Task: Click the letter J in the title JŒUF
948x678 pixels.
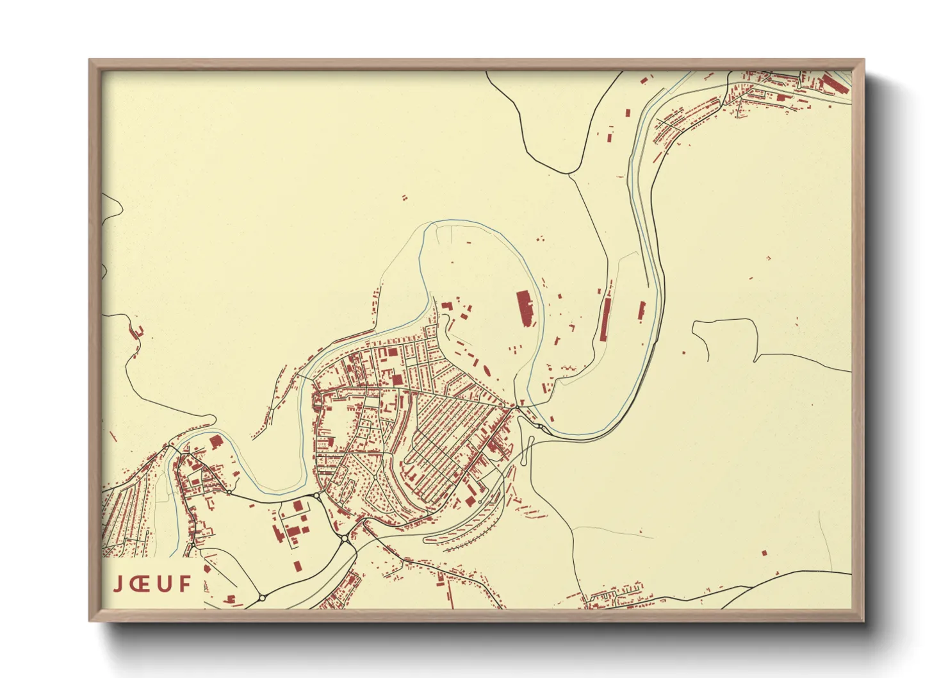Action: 118,584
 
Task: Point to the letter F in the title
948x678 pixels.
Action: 185,584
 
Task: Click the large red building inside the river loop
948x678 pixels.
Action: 524,308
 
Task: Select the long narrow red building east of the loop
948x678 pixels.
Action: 605,320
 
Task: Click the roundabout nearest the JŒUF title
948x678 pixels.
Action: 262,598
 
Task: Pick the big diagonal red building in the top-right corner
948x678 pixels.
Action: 833,84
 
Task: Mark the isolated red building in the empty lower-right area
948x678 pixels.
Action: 764,552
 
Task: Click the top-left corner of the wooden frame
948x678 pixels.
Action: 90,60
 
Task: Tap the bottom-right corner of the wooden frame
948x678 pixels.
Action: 863,620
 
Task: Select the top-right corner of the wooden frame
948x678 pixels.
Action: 863,60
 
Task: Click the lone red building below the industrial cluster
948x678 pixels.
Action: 297,566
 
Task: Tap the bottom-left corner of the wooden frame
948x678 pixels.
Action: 90,620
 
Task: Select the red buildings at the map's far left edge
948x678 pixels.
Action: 137,331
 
